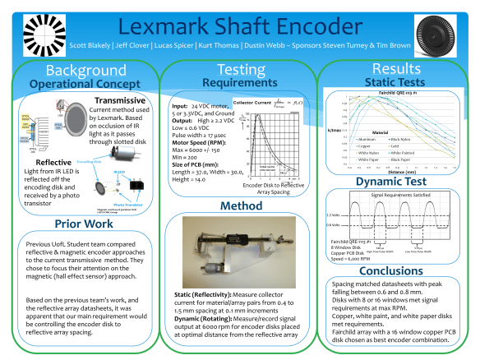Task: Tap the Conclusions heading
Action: (397, 269)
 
